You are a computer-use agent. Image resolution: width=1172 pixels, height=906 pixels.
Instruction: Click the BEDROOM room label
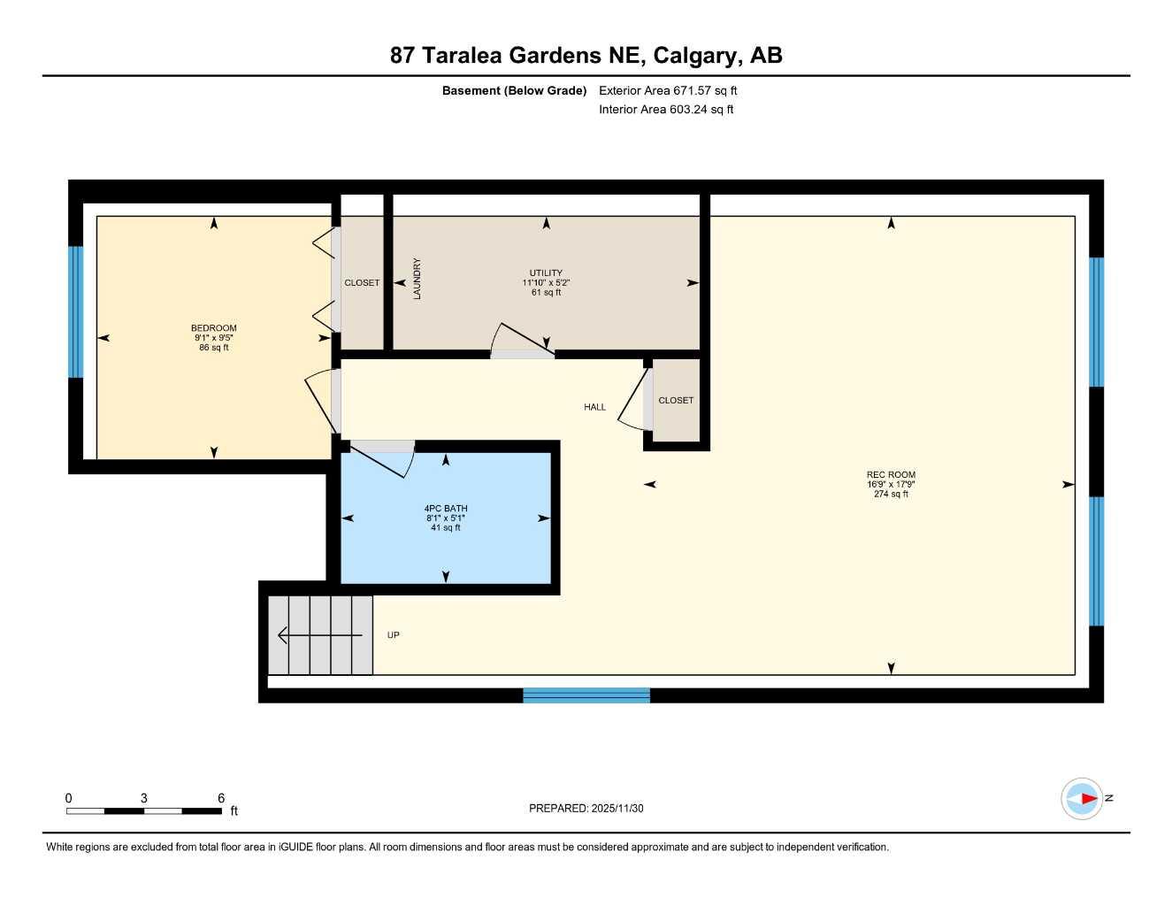pyautogui.click(x=214, y=328)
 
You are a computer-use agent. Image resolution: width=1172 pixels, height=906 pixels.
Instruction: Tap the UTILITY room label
pyautogui.click(x=546, y=273)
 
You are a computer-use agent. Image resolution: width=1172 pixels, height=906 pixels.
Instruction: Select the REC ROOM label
pyautogui.click(x=891, y=475)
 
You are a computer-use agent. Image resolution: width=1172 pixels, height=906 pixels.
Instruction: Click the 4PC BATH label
pyautogui.click(x=446, y=509)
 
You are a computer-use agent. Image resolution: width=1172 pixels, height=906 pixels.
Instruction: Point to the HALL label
pyautogui.click(x=595, y=407)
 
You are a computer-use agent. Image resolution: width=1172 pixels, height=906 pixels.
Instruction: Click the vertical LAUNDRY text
pyautogui.click(x=417, y=279)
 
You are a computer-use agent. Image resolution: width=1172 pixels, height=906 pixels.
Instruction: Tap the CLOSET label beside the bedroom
pyautogui.click(x=362, y=283)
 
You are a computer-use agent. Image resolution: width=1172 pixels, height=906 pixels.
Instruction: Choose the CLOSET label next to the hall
pyautogui.click(x=676, y=401)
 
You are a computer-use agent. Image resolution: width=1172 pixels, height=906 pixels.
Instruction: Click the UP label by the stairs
pyautogui.click(x=394, y=635)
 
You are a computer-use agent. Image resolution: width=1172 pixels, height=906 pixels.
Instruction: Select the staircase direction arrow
pyautogui.click(x=318, y=635)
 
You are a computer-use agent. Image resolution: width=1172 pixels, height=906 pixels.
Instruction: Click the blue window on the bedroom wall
pyautogui.click(x=76, y=311)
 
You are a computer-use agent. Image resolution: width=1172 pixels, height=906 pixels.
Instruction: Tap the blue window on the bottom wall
pyautogui.click(x=586, y=695)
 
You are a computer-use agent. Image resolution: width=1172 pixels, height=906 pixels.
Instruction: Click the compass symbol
pyautogui.click(x=1082, y=799)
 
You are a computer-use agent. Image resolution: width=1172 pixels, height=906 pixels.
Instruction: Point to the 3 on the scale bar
pyautogui.click(x=144, y=798)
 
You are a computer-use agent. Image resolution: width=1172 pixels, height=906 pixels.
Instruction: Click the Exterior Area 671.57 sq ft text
pyautogui.click(x=668, y=90)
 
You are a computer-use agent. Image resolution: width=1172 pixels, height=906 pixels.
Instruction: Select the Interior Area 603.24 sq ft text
pyautogui.click(x=666, y=110)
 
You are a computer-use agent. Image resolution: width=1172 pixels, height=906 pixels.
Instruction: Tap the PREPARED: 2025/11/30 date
pyautogui.click(x=586, y=809)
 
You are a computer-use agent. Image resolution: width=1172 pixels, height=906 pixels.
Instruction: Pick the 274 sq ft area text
pyautogui.click(x=891, y=495)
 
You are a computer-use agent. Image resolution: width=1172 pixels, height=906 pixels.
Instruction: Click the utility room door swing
pyautogui.click(x=522, y=342)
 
